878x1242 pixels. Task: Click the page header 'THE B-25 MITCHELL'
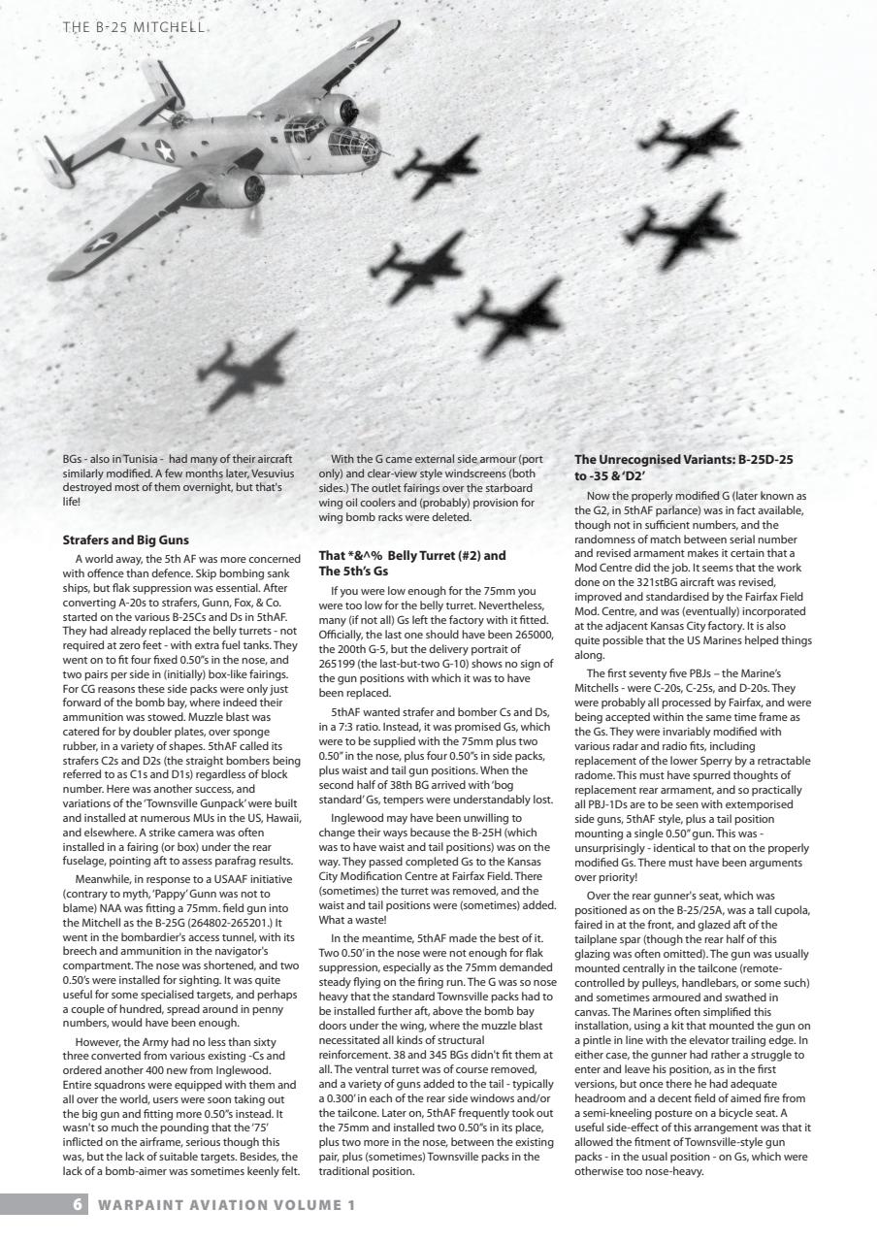coord(134,27)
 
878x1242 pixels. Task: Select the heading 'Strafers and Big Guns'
coord(125,539)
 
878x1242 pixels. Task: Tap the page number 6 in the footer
coord(77,1204)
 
